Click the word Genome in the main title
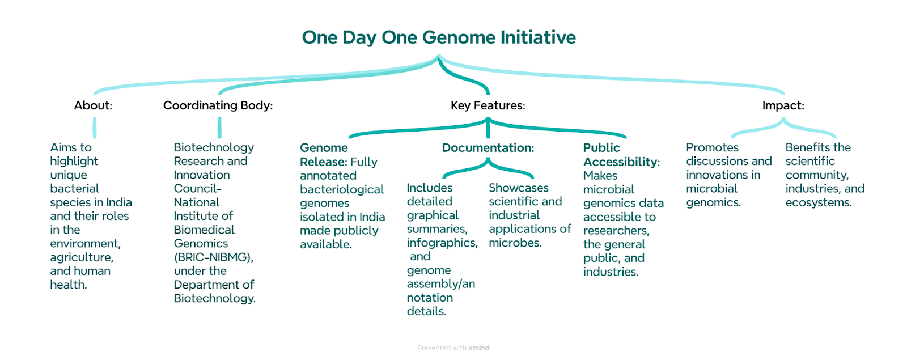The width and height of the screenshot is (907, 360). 459,37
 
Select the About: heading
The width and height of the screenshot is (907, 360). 93,105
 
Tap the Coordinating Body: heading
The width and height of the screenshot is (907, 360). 218,105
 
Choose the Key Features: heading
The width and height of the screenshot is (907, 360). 488,105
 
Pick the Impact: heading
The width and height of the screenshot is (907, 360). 783,105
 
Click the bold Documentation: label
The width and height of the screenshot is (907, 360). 488,148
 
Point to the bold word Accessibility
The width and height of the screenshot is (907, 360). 620,162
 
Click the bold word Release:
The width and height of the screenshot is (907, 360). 324,162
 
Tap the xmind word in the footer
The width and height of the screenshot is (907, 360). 478,348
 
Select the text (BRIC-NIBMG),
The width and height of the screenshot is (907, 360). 213,257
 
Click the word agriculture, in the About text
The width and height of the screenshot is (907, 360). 82,257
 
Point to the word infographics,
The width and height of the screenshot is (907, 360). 442,243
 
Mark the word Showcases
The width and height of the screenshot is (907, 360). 519,188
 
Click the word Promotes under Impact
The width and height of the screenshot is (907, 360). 712,147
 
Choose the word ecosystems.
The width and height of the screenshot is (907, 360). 819,202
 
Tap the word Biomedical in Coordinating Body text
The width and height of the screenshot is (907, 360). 204,230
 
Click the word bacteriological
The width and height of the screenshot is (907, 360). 342,189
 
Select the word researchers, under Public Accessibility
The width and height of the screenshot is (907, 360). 616,231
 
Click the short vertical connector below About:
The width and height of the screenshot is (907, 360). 95,128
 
